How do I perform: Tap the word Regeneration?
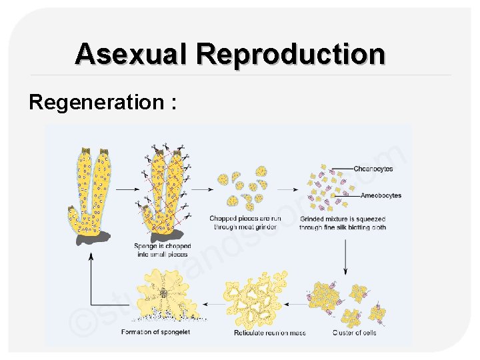[x=96, y=102]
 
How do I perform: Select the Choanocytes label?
[x=373, y=169]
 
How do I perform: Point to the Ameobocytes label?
[x=381, y=195]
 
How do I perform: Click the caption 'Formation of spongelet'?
[x=156, y=332]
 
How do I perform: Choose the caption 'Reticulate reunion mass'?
[x=269, y=333]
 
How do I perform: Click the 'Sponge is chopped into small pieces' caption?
[x=162, y=250]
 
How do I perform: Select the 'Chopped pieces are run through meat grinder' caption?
[x=241, y=223]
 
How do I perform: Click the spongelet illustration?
[x=162, y=293]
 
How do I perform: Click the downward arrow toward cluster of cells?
[x=345, y=257]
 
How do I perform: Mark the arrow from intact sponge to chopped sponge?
[x=126, y=189]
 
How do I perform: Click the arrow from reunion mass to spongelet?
[x=212, y=303]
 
